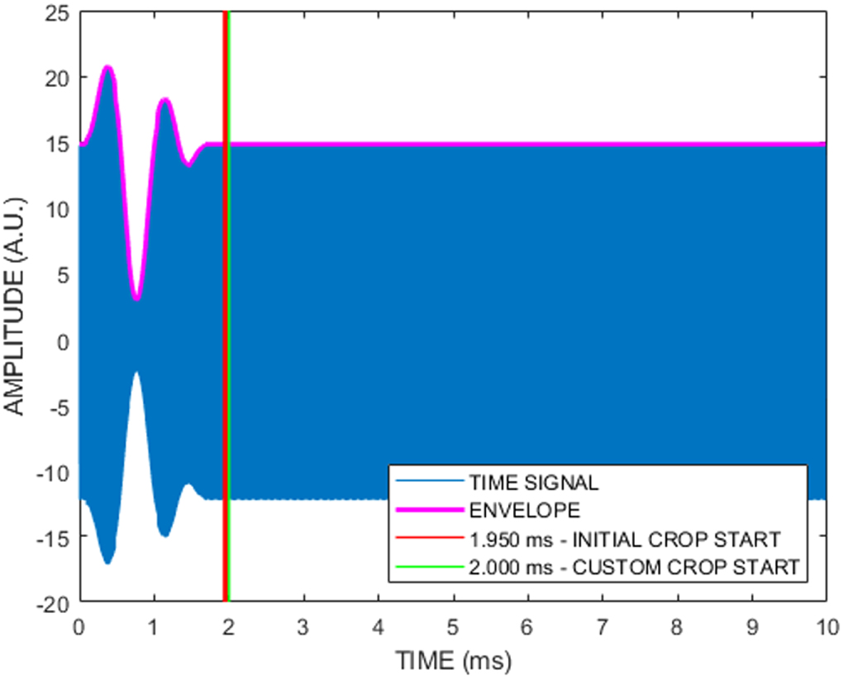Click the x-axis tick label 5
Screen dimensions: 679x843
click(x=453, y=625)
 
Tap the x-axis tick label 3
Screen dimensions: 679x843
click(x=303, y=625)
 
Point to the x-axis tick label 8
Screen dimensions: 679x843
click(x=677, y=625)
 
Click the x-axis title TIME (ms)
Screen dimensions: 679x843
click(x=453, y=659)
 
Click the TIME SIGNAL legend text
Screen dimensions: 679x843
click(x=533, y=482)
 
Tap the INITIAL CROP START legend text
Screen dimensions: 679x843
click(x=624, y=539)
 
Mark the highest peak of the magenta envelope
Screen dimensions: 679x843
click(x=107, y=68)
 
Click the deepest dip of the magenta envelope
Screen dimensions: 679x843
click(x=137, y=297)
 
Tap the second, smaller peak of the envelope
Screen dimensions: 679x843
click(x=164, y=101)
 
